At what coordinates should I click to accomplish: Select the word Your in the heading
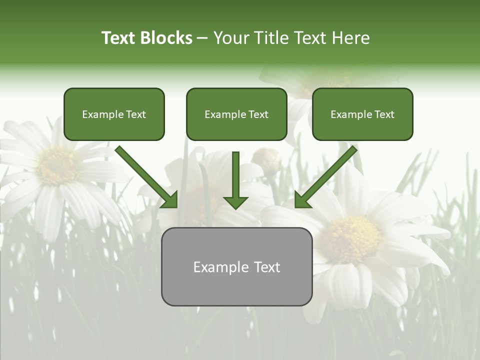pos(231,38)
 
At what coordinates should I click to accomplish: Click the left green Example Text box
pos(114,114)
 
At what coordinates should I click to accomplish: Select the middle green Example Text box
pos(236,114)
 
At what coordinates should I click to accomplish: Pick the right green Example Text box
pos(362,114)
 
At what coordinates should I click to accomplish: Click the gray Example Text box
pos(236,266)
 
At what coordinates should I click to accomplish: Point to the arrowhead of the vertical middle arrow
pos(235,201)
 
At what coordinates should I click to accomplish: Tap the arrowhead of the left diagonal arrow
pos(169,199)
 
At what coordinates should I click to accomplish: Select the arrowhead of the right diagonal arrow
pos(302,199)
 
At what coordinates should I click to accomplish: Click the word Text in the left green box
pos(135,114)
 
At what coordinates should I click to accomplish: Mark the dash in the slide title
pos(202,38)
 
